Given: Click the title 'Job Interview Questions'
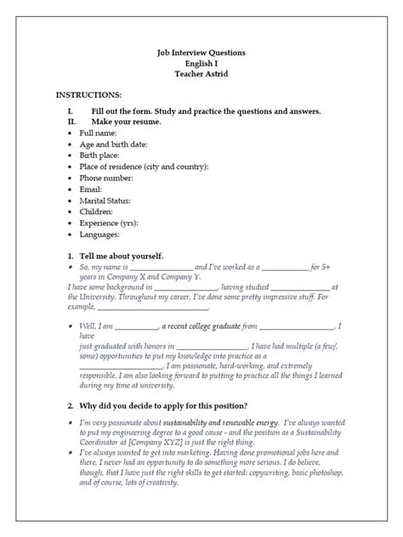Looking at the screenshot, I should (x=201, y=53).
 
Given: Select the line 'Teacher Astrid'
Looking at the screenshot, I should (x=201, y=74).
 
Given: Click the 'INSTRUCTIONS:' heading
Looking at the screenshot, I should (x=89, y=96).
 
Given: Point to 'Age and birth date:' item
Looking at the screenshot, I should (x=119, y=144).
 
